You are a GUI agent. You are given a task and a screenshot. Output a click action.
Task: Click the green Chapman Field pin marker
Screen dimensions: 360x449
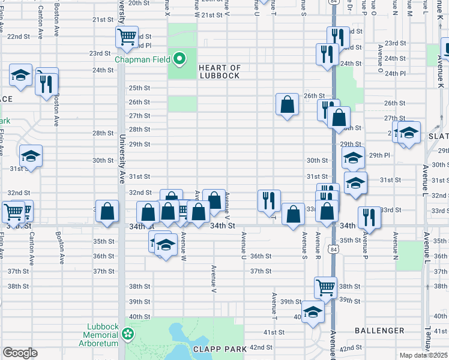coord(179,58)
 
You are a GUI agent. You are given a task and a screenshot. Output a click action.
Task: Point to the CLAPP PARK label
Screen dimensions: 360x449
coord(217,348)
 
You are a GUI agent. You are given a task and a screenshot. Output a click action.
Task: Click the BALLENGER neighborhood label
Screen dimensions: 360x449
coord(379,331)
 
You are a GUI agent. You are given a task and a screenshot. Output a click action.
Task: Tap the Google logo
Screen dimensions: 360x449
coord(20,353)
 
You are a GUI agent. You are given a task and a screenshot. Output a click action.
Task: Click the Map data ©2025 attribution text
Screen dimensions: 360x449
coord(424,355)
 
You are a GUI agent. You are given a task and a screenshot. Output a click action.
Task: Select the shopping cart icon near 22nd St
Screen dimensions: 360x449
coord(127,37)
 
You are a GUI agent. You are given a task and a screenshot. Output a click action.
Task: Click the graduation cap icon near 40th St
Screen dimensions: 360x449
coord(313,311)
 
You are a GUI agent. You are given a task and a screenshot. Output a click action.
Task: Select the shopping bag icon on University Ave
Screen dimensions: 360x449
coord(107,211)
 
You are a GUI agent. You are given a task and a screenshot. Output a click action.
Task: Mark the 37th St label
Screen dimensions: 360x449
coord(261,271)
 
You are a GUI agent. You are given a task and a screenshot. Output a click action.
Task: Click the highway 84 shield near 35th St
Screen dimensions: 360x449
coord(333,248)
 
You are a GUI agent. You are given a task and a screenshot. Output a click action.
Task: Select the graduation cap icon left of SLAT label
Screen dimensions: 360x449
coord(409,133)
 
